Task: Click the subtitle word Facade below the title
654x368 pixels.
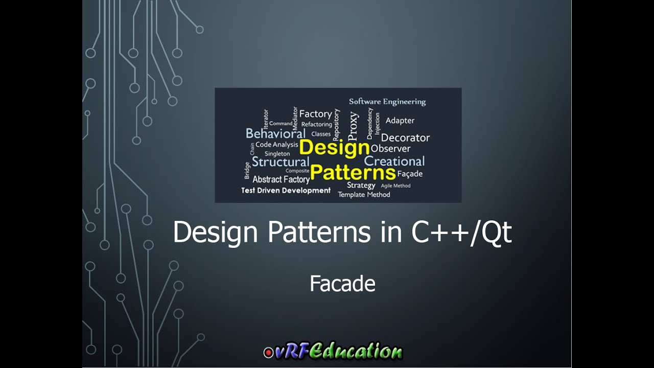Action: tap(342, 284)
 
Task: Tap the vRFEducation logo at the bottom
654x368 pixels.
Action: tap(333, 352)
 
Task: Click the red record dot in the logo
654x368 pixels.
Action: tap(268, 353)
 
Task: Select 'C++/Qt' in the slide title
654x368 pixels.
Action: tap(461, 233)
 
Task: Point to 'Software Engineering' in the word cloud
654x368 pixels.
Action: tap(387, 102)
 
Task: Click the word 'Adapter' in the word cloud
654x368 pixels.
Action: tap(400, 121)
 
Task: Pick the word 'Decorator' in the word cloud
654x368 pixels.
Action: tap(405, 137)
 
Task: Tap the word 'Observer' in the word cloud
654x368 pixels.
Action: tap(390, 149)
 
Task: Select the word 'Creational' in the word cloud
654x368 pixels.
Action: tap(394, 162)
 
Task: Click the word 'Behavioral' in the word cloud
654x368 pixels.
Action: tap(275, 134)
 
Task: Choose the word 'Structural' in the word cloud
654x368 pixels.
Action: tap(281, 162)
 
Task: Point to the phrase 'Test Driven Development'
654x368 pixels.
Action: tap(286, 190)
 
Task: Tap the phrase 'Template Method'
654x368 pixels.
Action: tap(364, 195)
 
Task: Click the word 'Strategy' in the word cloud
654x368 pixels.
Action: tap(361, 185)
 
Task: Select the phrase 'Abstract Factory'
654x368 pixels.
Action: tap(281, 179)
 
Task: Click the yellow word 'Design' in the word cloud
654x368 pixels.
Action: tap(334, 148)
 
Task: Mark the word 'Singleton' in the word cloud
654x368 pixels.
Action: tap(277, 153)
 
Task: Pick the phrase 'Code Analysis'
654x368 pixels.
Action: tap(276, 145)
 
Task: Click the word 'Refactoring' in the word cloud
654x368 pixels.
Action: tap(316, 124)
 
